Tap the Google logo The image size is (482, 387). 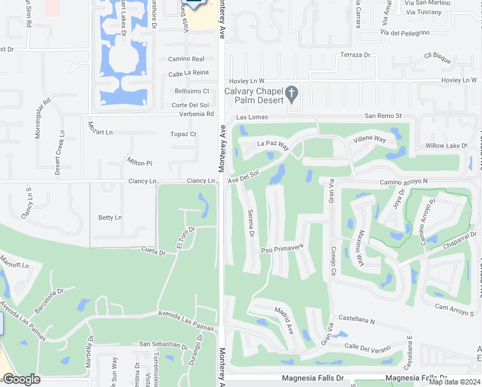pos(21,379)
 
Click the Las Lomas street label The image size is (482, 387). pos(251,117)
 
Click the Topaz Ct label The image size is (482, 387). pos(183,134)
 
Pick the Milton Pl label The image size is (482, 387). pos(140,163)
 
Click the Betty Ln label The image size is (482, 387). pos(110,218)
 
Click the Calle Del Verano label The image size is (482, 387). pos(367,348)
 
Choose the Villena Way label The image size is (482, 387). pos(369,139)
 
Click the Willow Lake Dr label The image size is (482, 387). pos(442,146)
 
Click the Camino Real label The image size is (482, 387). pos(186,59)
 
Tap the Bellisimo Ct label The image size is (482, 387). pos(192,92)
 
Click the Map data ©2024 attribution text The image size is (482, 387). pos(454,382)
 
